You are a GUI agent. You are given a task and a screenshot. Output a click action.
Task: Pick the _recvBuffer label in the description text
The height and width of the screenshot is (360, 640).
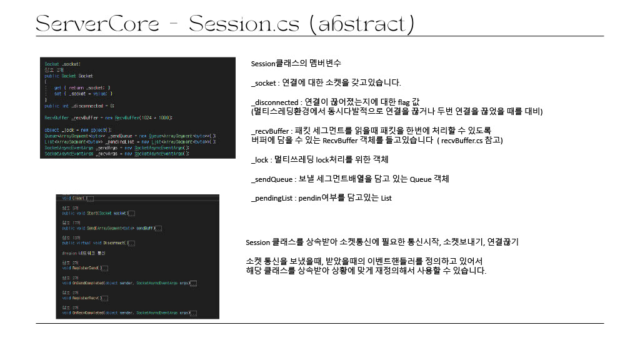click(x=271, y=131)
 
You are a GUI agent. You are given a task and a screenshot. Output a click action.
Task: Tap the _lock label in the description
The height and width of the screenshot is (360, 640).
click(x=260, y=159)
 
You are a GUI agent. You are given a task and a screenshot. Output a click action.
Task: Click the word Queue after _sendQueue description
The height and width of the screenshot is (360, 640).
click(x=419, y=179)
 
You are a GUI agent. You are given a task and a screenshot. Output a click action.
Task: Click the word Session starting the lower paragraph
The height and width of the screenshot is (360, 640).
click(x=257, y=242)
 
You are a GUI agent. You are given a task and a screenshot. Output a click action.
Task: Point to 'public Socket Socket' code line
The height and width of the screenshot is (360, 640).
click(x=69, y=75)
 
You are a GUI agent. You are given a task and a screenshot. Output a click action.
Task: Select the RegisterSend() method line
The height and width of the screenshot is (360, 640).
click(x=85, y=268)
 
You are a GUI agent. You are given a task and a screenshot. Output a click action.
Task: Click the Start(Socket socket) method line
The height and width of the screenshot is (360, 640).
click(x=99, y=213)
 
